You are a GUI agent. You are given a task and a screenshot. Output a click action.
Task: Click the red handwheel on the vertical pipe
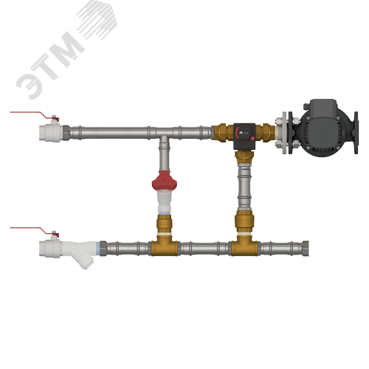pyautogui.click(x=165, y=182)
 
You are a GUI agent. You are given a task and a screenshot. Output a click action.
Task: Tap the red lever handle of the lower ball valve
pyautogui.click(x=35, y=231)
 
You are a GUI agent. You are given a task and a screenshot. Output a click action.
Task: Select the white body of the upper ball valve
pyautogui.click(x=50, y=133)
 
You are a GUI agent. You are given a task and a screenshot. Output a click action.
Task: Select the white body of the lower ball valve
pyautogui.click(x=50, y=249)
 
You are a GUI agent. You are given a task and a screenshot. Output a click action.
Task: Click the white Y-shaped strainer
pyautogui.click(x=80, y=252)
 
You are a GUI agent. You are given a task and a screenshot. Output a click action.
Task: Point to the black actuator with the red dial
pyautogui.click(x=244, y=136)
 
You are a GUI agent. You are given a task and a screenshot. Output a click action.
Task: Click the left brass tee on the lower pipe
pyautogui.click(x=164, y=247)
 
